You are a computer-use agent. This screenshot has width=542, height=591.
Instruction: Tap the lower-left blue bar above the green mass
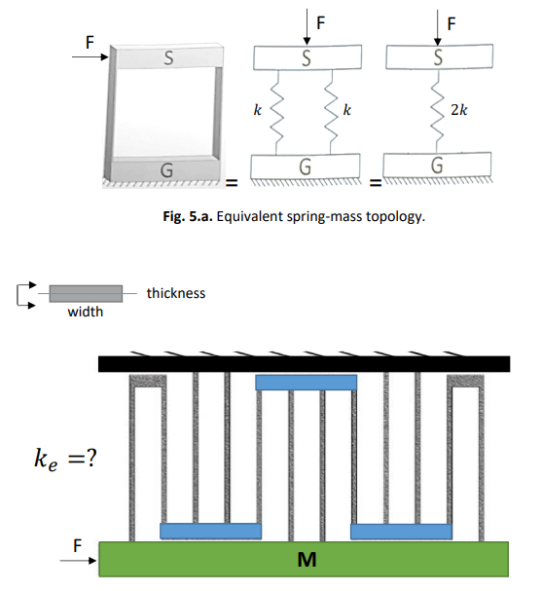(x=211, y=531)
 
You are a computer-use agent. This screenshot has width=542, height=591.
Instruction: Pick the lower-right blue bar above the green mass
(x=401, y=531)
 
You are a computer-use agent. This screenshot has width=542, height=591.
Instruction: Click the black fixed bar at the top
(x=305, y=363)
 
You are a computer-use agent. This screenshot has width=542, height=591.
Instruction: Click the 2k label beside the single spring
(x=458, y=111)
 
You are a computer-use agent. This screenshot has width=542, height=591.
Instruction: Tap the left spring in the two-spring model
(x=276, y=113)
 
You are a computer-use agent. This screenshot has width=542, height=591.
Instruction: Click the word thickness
(x=176, y=293)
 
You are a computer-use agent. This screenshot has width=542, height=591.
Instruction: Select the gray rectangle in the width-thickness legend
(x=86, y=293)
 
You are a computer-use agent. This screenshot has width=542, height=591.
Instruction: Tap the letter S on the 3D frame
(x=167, y=58)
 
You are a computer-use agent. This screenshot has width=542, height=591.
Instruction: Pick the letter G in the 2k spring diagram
(x=436, y=166)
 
